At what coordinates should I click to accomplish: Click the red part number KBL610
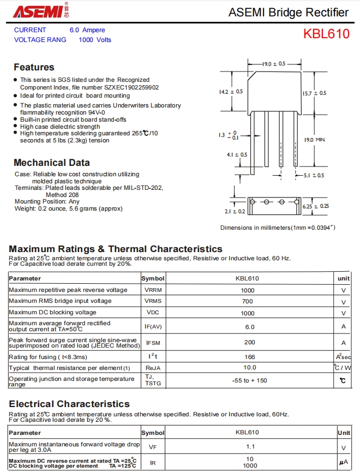point(326,34)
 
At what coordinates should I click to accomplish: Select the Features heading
point(34,67)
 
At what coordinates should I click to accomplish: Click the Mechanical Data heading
point(51,163)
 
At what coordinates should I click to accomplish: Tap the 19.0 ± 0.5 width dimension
point(274,64)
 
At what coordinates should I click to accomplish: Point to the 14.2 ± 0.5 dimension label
point(231,92)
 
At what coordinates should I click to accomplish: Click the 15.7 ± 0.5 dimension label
point(315,93)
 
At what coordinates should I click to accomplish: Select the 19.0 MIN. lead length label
point(315,140)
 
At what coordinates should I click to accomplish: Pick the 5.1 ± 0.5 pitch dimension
point(313,175)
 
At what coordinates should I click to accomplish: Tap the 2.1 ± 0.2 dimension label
point(235,211)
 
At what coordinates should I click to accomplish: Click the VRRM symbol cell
point(153,290)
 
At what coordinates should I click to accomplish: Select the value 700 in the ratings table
point(247,301)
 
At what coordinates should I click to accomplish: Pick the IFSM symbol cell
point(153,343)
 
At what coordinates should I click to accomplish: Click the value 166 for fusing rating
point(249,357)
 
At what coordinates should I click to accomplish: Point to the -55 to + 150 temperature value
point(249,380)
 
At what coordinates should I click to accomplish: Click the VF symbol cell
point(153,447)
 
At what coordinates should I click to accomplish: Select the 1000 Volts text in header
point(95,40)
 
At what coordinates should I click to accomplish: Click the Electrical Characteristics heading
point(69,404)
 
